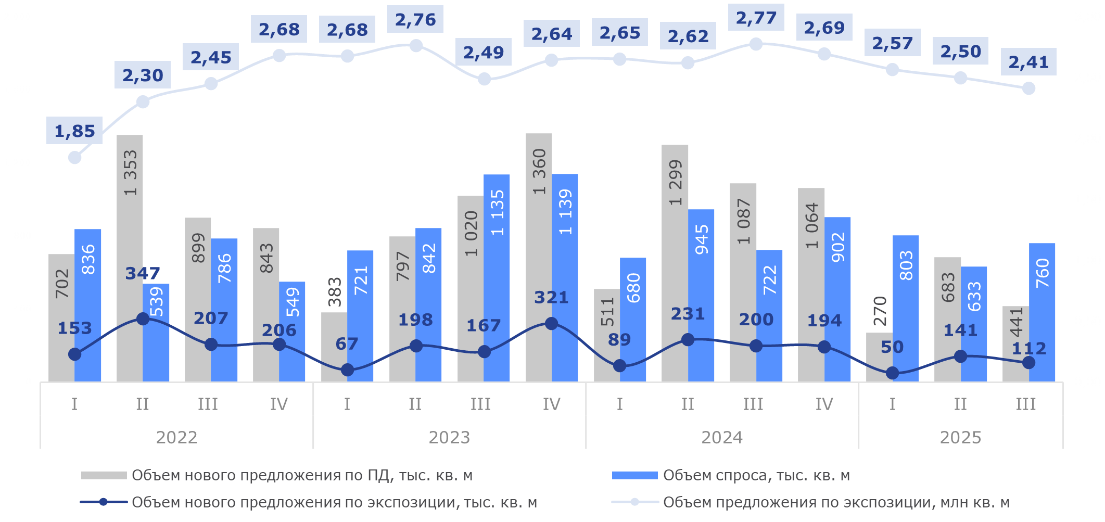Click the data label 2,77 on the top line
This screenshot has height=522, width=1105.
coord(756,18)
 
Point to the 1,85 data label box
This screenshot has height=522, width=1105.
coord(74,131)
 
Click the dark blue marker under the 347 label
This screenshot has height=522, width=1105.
coord(143,319)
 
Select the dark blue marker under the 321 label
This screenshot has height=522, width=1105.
coord(552,323)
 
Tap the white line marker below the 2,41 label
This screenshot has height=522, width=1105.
coord(1028,88)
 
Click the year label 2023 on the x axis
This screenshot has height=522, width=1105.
coord(449,438)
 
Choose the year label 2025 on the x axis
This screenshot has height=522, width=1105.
coord(960,438)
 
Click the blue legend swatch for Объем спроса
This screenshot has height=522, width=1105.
coord(634,475)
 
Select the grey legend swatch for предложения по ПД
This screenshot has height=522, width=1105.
coord(104,475)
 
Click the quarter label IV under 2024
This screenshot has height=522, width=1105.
coord(824,404)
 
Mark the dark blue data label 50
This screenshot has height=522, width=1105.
coord(892,347)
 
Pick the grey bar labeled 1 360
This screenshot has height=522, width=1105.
coord(539,260)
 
